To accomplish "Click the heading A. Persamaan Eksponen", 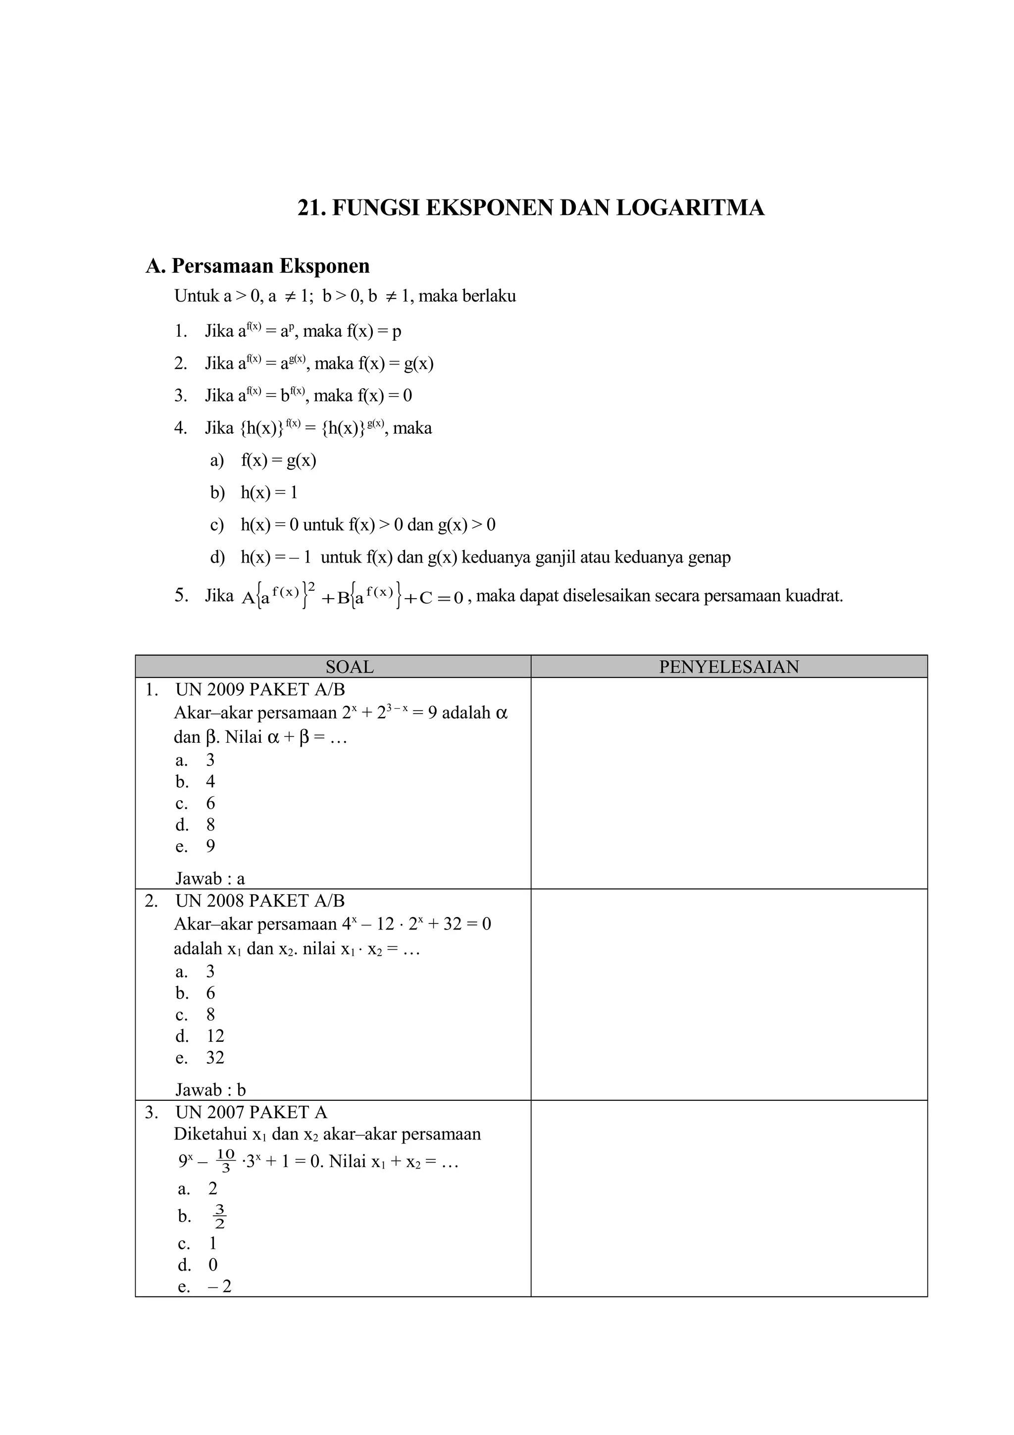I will (x=257, y=266).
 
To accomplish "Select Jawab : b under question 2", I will (x=210, y=1089).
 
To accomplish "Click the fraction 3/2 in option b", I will (x=219, y=1216).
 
